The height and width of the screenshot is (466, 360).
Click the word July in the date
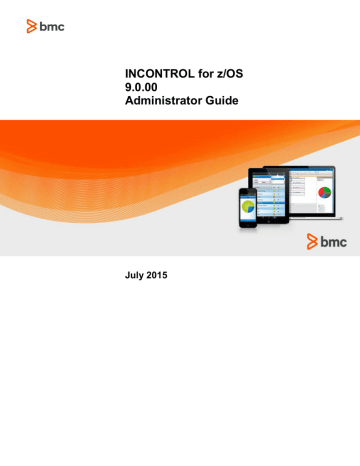tap(132, 271)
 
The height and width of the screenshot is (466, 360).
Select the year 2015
tap(165, 271)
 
